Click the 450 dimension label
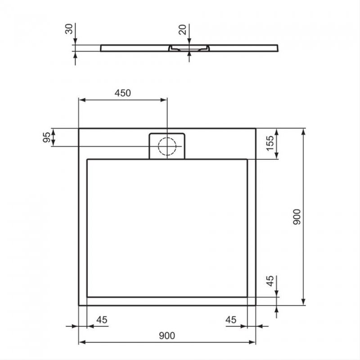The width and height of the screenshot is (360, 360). (x=123, y=93)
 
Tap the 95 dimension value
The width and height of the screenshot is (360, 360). (x=47, y=137)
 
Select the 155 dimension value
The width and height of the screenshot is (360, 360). (x=270, y=143)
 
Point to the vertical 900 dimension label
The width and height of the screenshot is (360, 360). (x=297, y=217)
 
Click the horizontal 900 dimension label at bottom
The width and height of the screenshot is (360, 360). (x=167, y=336)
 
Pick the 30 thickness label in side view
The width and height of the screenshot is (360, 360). (x=69, y=29)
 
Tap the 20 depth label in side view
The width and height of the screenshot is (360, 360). (x=183, y=30)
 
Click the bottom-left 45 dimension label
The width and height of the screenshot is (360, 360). (x=102, y=319)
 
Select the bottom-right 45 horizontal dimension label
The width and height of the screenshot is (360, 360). (x=231, y=319)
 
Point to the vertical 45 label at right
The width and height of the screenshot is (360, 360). (x=270, y=281)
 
